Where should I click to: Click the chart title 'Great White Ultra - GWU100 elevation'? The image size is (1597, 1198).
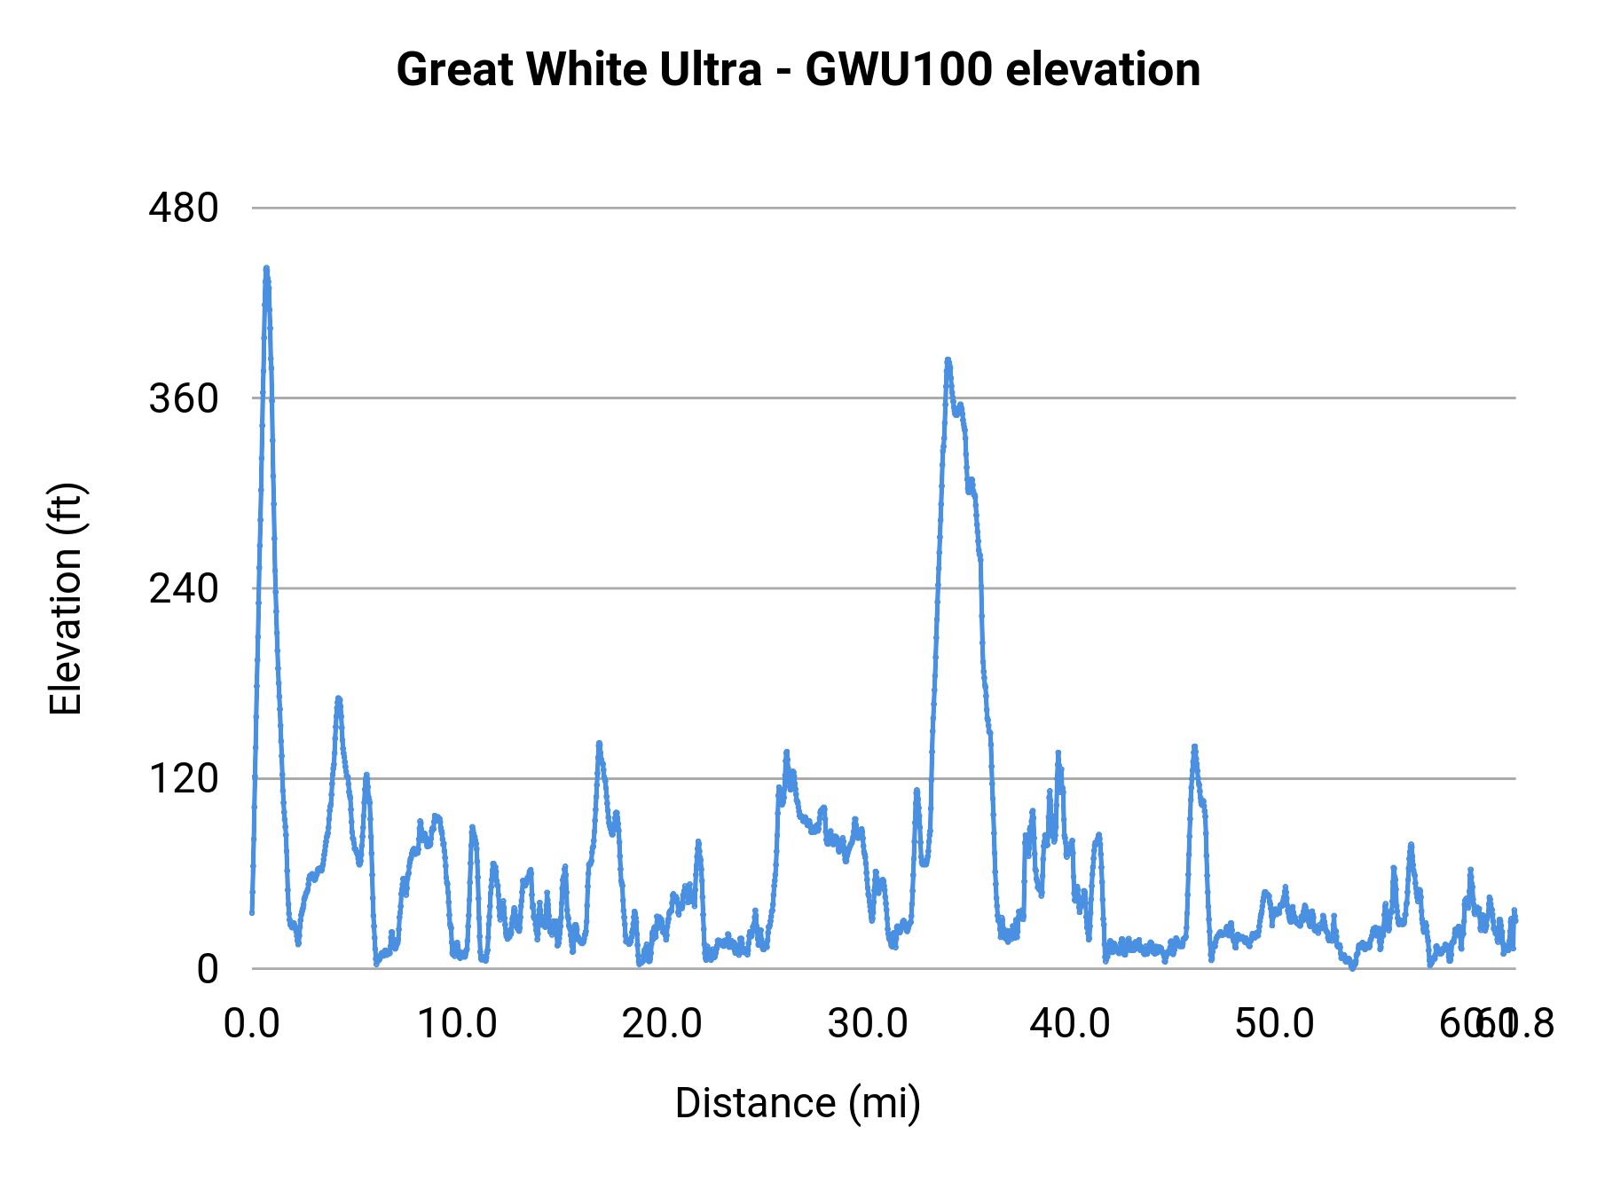pos(798,69)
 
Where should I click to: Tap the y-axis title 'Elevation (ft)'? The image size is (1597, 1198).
pos(66,599)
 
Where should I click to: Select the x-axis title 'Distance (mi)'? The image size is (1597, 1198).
pos(798,1103)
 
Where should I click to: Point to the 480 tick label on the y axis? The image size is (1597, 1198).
pos(184,209)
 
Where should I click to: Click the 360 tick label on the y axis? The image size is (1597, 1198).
pos(184,398)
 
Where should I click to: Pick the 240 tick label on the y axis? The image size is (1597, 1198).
pos(184,588)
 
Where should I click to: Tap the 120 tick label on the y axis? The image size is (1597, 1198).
pos(184,778)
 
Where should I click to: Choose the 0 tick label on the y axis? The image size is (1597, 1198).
pos(207,969)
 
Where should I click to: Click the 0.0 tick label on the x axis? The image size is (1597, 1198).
pos(252,1024)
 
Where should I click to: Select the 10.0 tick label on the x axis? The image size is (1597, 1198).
pos(457,1024)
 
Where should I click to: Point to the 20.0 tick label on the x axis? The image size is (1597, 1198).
pos(662,1024)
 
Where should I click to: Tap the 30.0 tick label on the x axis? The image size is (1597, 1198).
pos(867,1024)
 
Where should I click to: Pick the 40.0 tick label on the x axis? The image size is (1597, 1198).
pos(1070,1024)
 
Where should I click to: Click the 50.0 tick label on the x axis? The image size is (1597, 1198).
pos(1275,1024)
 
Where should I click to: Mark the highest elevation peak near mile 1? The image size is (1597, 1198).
pos(266,268)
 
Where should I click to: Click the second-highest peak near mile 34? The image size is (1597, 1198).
pos(948,360)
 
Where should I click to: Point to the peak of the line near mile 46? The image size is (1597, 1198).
pos(1194,747)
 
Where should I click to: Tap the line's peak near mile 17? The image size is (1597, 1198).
pos(599,744)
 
